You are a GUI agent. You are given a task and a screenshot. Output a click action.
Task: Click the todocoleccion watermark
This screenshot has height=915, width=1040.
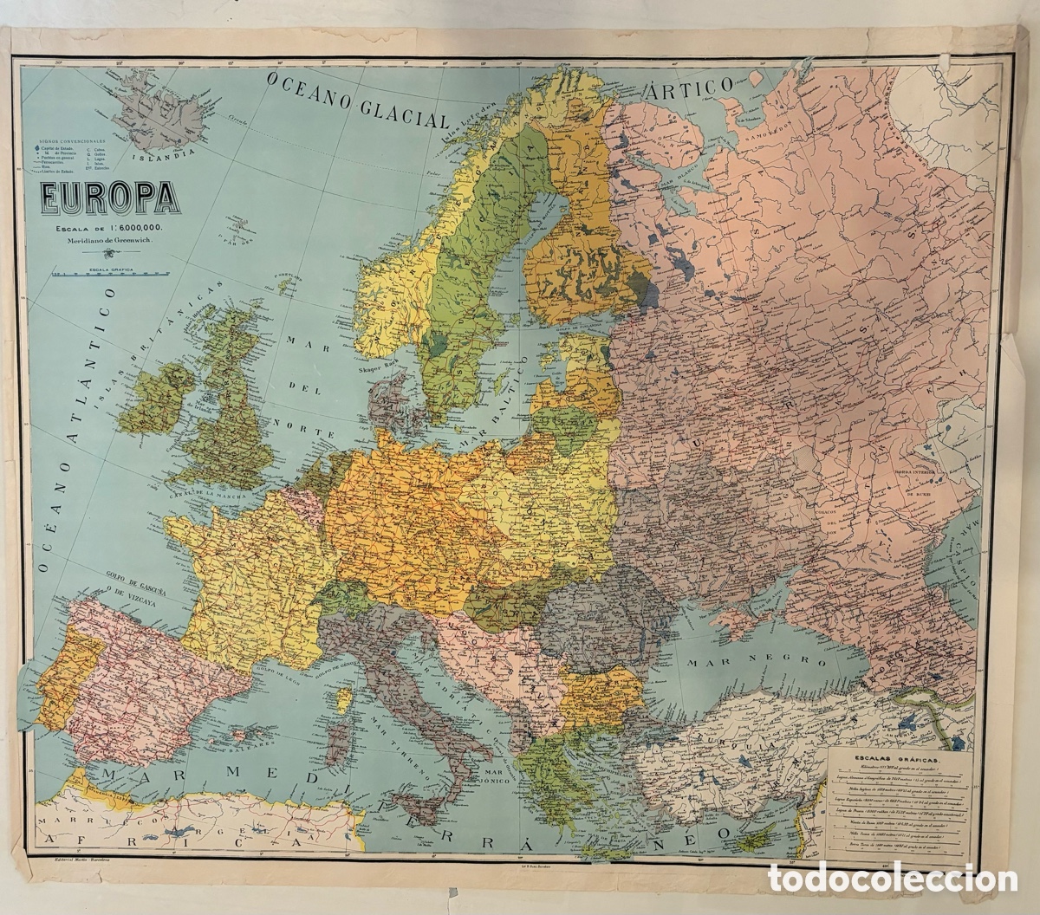pyautogui.click(x=893, y=878)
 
